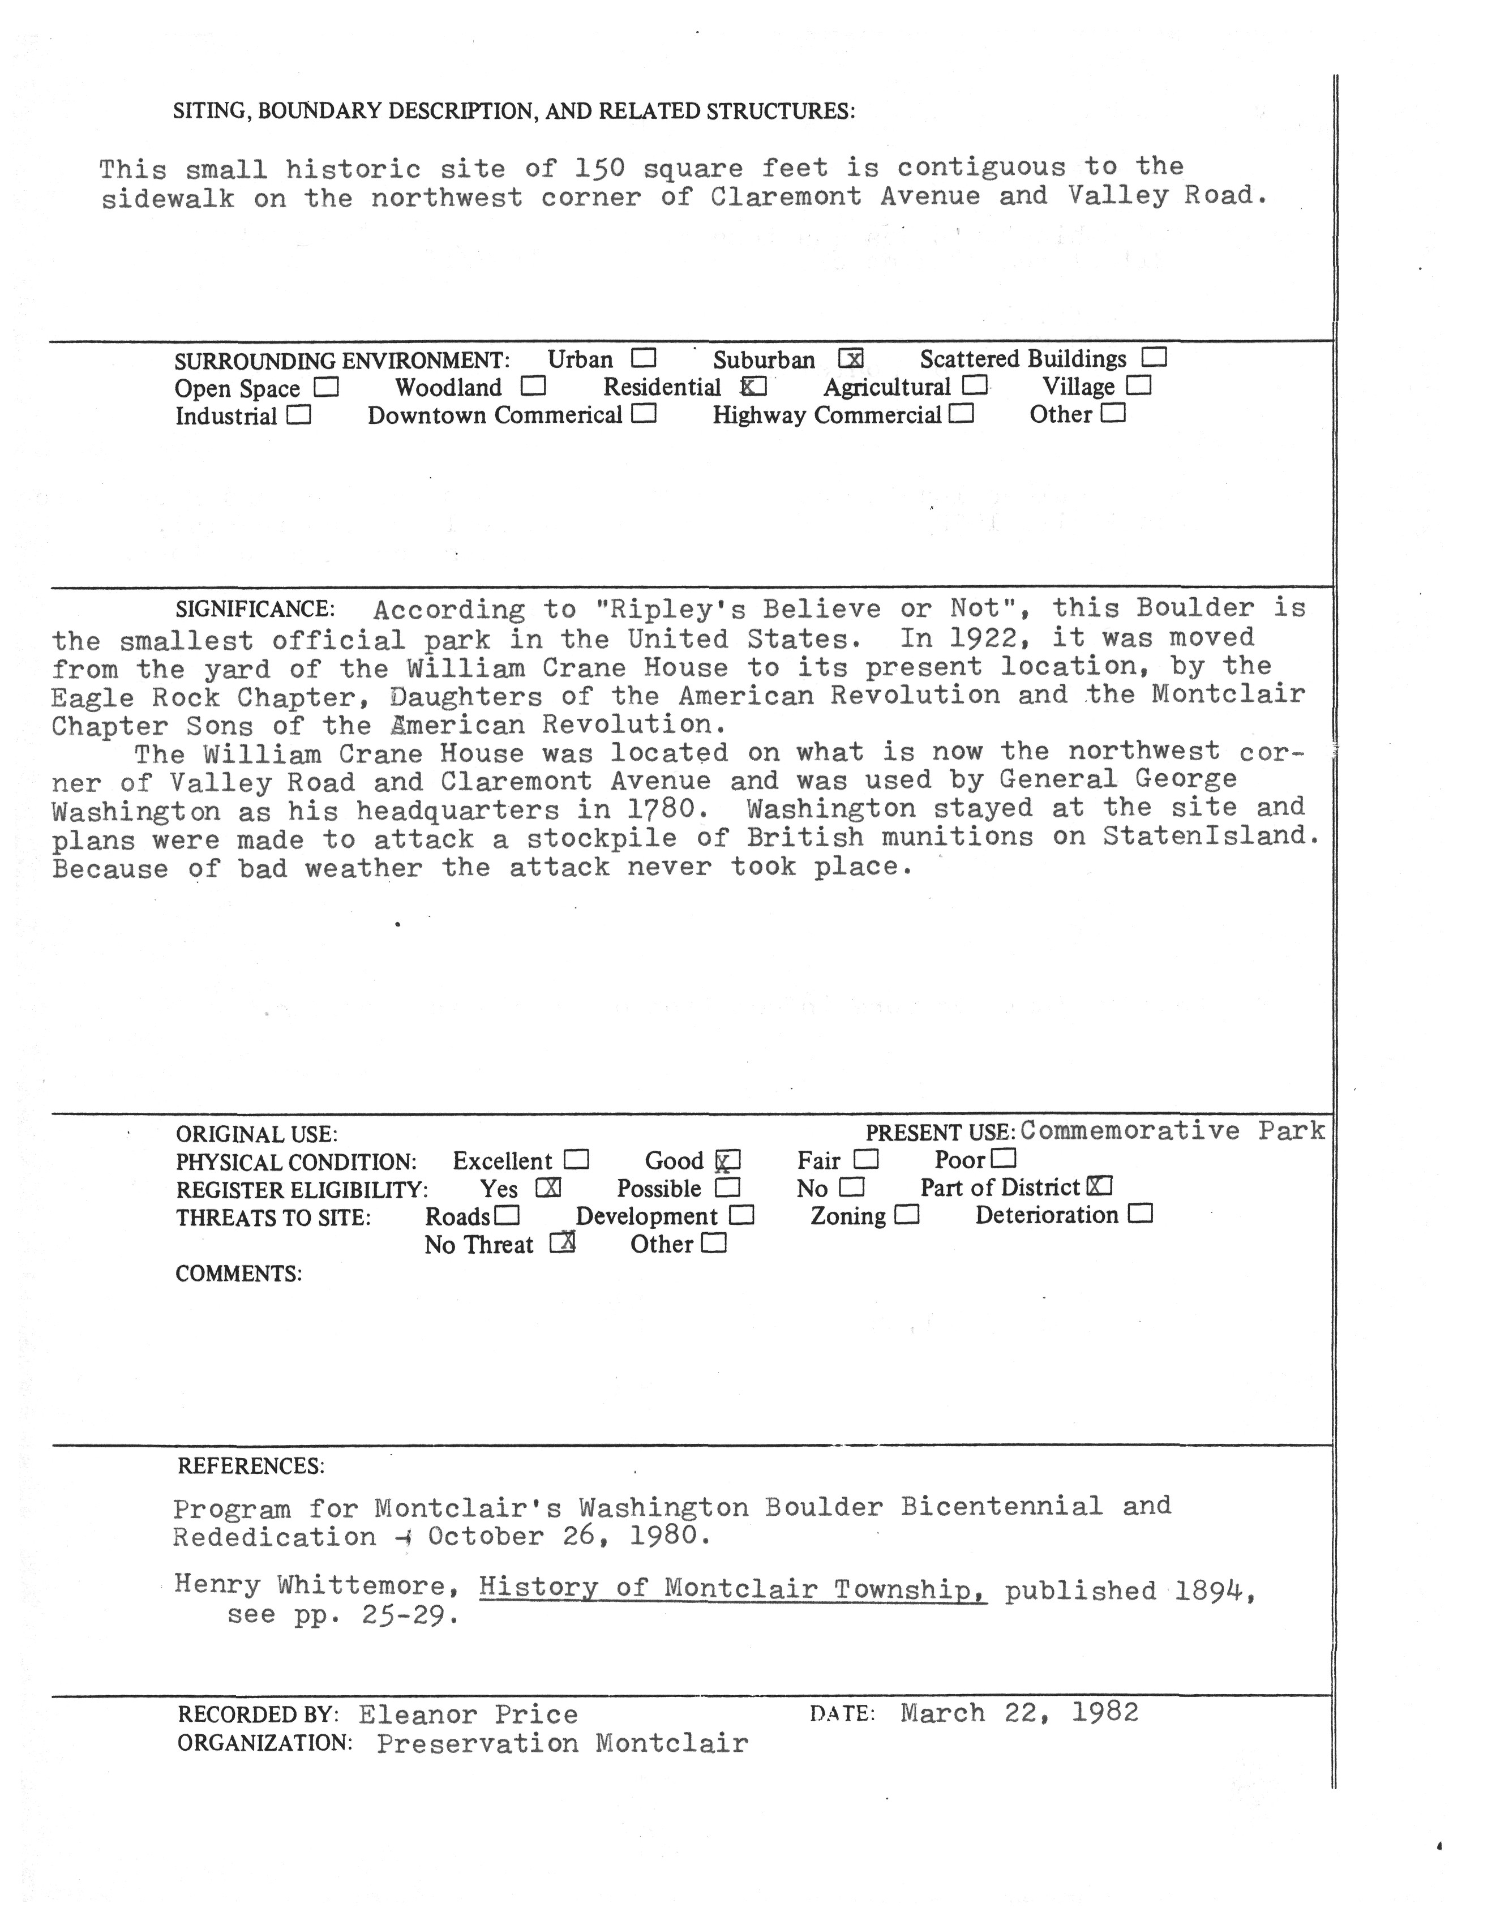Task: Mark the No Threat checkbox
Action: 563,1243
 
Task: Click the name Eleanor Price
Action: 468,1715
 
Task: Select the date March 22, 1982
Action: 1019,1713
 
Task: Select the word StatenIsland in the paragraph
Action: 1210,836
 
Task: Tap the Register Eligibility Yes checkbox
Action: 548,1189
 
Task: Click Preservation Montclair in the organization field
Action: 562,1743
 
